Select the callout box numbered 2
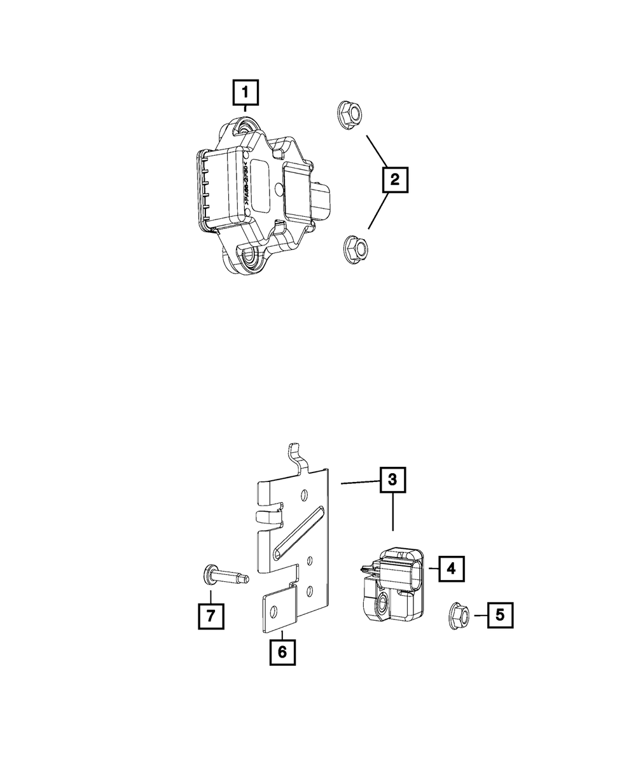[394, 180]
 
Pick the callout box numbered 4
[450, 569]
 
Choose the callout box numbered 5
[500, 615]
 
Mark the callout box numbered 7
[211, 615]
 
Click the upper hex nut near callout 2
[349, 114]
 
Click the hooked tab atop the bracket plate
[297, 458]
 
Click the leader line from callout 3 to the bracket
[361, 484]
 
